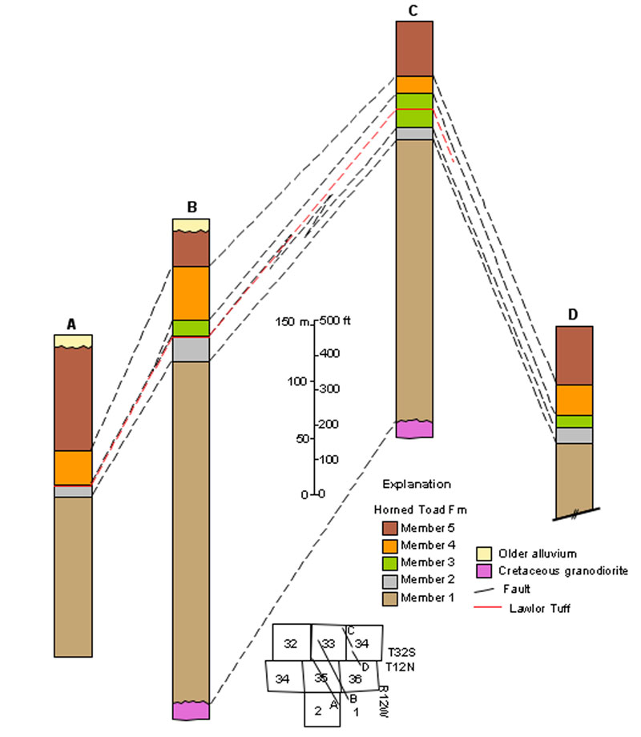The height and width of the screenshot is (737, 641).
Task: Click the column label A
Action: point(71,324)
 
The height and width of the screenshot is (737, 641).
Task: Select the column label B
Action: point(192,207)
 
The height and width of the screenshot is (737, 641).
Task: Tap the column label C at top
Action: point(413,10)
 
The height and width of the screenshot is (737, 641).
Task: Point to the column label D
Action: point(573,315)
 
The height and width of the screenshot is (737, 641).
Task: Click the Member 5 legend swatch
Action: point(390,528)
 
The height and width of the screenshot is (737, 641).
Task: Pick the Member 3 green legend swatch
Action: point(390,562)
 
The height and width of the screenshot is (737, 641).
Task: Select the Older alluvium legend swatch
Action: point(484,554)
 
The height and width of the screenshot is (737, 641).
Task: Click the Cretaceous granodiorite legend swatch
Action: point(484,570)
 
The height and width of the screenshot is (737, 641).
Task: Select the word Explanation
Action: point(417,485)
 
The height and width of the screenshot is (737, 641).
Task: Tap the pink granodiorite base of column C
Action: point(414,429)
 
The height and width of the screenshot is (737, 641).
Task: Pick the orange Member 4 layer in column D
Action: point(574,400)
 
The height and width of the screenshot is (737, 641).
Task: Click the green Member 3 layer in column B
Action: point(191,328)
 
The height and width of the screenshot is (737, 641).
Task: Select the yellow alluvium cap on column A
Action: point(73,340)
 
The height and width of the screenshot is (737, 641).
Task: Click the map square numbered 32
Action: point(291,643)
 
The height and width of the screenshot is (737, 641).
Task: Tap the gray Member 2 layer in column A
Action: point(73,492)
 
